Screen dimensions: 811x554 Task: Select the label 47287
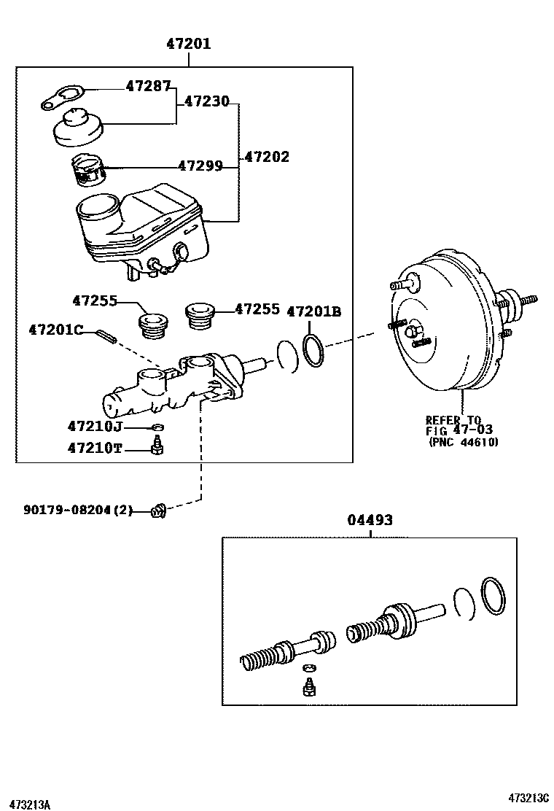coord(147,86)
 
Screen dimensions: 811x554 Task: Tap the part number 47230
coord(206,101)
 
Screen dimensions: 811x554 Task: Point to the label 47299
coord(200,166)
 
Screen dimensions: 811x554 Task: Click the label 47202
coord(266,156)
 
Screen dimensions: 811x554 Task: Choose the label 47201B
coord(313,311)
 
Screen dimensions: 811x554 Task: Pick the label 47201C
coord(56,330)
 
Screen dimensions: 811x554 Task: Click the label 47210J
coord(95,426)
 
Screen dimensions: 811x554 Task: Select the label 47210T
coord(95,448)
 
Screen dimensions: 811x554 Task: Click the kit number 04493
coord(370,520)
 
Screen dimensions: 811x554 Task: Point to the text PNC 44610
coord(463,442)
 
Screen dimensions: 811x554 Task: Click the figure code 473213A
coord(26,804)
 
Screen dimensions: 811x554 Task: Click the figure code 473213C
coord(528,796)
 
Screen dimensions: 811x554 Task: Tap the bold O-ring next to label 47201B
coord(313,349)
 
